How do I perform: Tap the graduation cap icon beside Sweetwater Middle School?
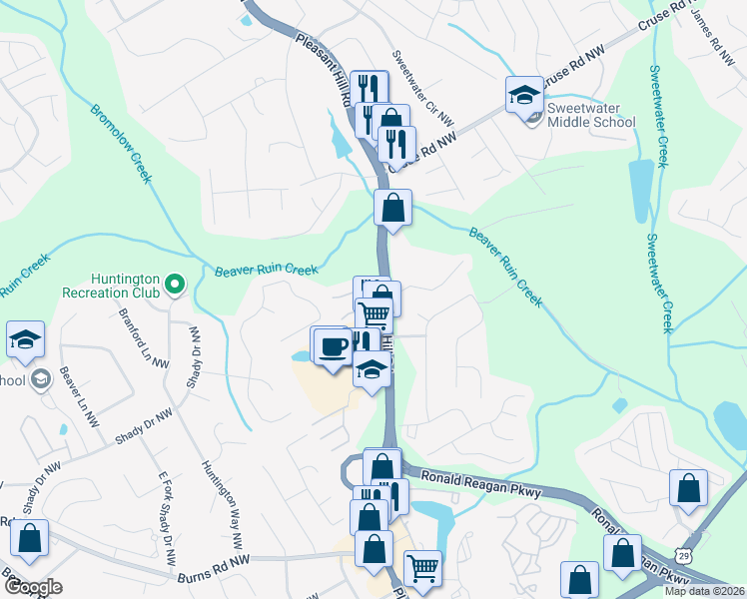(x=524, y=95)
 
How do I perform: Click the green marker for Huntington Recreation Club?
(x=175, y=287)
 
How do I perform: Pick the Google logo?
(x=33, y=588)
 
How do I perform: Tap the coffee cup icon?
(x=333, y=346)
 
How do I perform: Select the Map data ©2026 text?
(x=703, y=591)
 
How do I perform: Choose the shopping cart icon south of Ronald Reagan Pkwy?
(x=422, y=569)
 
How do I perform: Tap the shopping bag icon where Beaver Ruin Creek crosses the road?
(x=393, y=209)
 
